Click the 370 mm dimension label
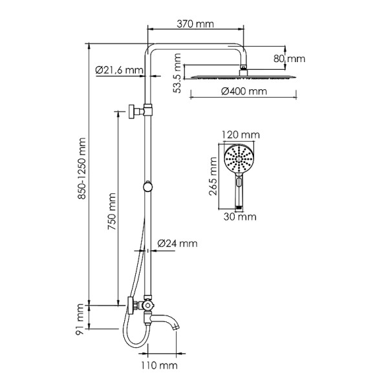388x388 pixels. point(196,23)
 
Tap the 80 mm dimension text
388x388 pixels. point(288,59)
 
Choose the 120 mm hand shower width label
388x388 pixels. point(240,135)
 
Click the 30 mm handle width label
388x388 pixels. point(239,217)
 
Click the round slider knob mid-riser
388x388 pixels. point(149,187)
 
